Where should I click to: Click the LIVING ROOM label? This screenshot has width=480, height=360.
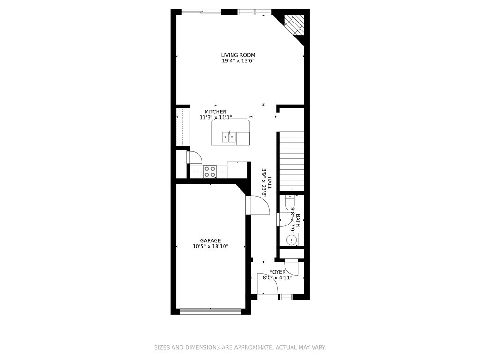click(238, 55)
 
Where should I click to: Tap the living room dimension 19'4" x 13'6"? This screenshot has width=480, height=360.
click(238, 60)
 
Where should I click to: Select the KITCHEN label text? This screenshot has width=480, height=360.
click(216, 112)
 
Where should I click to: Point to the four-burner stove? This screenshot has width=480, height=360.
click(210, 172)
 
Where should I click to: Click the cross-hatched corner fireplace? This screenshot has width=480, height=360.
click(294, 25)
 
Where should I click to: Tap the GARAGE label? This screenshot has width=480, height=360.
click(210, 240)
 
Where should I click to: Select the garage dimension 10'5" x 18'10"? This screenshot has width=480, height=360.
click(210, 246)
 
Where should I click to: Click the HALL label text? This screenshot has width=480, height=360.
click(270, 183)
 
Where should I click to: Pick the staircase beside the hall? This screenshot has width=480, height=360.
click(292, 161)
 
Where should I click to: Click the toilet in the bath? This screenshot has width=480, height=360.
click(289, 202)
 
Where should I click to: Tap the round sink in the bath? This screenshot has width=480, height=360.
click(291, 239)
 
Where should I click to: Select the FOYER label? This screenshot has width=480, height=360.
click(277, 272)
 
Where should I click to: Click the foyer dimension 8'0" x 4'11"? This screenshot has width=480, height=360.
click(277, 277)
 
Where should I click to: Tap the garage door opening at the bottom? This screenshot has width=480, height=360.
click(210, 311)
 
